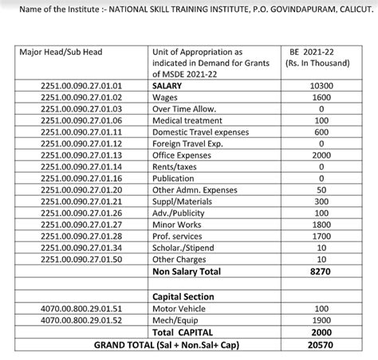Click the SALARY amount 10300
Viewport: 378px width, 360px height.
coord(321,85)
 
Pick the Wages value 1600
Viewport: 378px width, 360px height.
coord(321,96)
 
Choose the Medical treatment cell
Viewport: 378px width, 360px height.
coord(189,120)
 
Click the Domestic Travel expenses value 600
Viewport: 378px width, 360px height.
coord(321,132)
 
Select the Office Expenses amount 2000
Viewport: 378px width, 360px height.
coord(321,155)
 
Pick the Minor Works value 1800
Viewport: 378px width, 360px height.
coord(321,225)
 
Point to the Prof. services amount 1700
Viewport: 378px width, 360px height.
coord(321,237)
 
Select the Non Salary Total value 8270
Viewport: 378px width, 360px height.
coord(321,272)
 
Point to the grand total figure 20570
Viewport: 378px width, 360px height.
coord(321,344)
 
